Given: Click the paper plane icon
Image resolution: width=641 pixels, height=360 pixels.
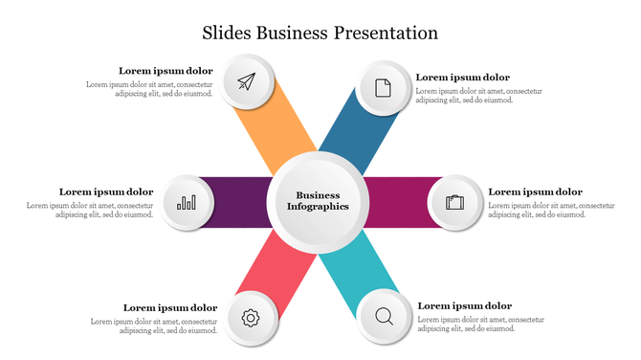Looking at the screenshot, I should click(249, 82).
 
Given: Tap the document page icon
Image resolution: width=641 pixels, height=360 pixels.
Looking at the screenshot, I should click(383, 88).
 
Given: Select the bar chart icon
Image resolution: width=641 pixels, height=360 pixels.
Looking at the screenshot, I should click(187, 203).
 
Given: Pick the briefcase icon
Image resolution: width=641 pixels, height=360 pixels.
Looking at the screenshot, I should click(454, 203).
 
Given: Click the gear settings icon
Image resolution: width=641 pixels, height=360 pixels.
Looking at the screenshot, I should click(251, 318).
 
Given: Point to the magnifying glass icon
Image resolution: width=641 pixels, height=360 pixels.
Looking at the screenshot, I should click(385, 315).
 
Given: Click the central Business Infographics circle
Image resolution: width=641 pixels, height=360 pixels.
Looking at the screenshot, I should click(318, 201).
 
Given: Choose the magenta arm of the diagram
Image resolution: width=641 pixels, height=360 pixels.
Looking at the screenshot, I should click(397, 202).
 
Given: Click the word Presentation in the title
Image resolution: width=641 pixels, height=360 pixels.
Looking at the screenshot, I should click(386, 34).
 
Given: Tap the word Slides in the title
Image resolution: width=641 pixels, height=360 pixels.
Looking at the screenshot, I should click(227, 34).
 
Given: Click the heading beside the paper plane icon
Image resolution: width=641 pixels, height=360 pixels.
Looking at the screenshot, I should click(166, 71).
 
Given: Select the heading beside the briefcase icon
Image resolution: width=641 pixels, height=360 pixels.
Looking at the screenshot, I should click(535, 191).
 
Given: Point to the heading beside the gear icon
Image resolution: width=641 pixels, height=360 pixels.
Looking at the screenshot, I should click(170, 307).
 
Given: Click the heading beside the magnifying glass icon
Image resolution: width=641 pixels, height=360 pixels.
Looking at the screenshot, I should click(464, 305).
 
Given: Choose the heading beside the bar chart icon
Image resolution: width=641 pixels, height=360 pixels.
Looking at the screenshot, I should click(106, 191).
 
